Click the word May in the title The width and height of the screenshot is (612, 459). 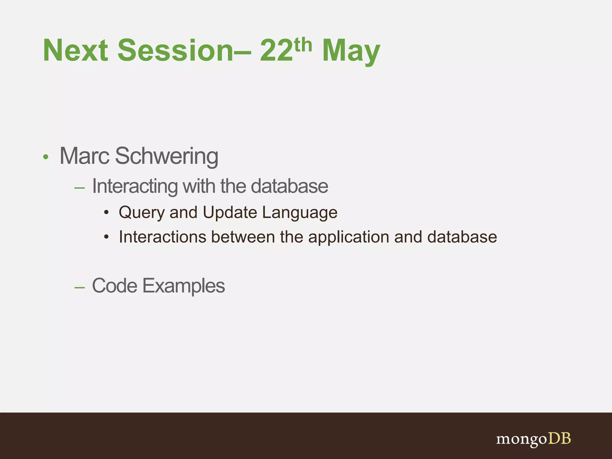pyautogui.click(x=351, y=51)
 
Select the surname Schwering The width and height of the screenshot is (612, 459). pyautogui.click(x=167, y=156)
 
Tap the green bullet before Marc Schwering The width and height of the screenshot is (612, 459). pyautogui.click(x=45, y=157)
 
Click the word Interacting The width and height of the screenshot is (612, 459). pyautogui.click(x=135, y=186)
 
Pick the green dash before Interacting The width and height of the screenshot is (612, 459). pyautogui.click(x=79, y=188)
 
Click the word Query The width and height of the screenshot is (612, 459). pyautogui.click(x=142, y=213)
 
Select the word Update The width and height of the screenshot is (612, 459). pyautogui.click(x=230, y=212)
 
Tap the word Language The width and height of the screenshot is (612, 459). pyautogui.click(x=300, y=213)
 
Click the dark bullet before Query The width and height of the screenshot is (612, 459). pyautogui.click(x=106, y=213)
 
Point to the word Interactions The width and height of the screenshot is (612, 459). pyautogui.click(x=163, y=237)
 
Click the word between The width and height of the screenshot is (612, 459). pyautogui.click(x=243, y=237)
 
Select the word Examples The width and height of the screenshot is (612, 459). pyautogui.click(x=183, y=286)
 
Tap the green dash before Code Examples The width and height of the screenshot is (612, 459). pyautogui.click(x=79, y=287)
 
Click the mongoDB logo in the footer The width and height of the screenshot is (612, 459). pyautogui.click(x=533, y=439)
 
